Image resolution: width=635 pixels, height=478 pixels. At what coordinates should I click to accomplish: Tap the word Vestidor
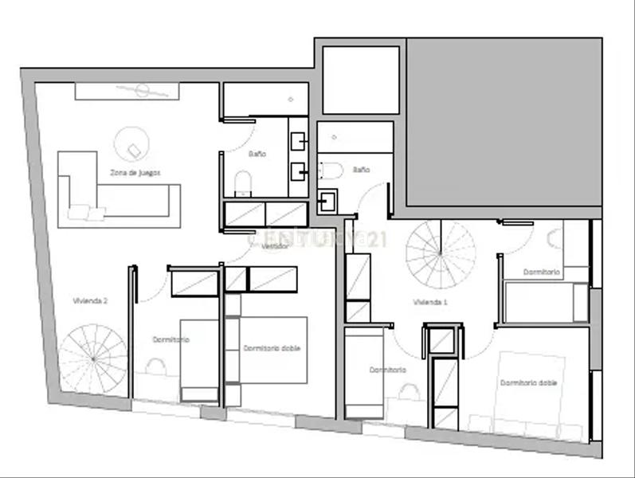pyautogui.click(x=275, y=247)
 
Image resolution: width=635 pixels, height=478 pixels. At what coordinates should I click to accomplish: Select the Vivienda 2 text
pyautogui.click(x=90, y=301)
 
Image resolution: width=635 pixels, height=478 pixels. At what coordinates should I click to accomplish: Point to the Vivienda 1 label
pyautogui.click(x=430, y=303)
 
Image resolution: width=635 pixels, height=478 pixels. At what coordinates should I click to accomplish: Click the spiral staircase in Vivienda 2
pyautogui.click(x=93, y=358)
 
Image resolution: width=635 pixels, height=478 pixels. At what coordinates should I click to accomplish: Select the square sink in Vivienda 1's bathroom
pyautogui.click(x=327, y=201)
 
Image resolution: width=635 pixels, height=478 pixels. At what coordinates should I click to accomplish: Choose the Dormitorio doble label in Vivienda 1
pyautogui.click(x=528, y=383)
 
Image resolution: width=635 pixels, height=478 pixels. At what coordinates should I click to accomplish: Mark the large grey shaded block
pyautogui.click(x=504, y=123)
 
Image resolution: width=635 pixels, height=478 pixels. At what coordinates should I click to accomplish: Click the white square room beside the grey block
pyautogui.click(x=360, y=80)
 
